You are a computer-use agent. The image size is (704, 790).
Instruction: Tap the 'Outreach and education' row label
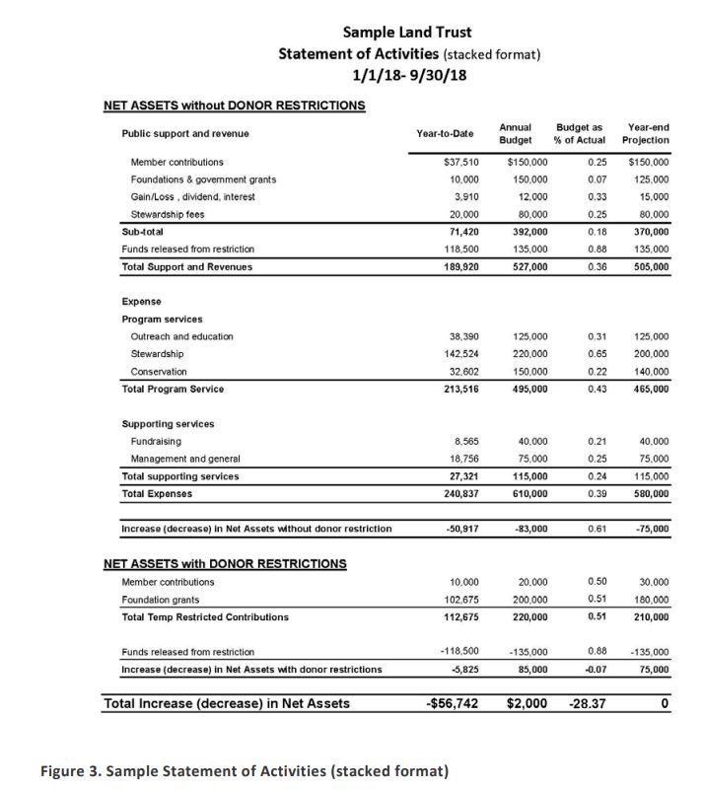coord(182,336)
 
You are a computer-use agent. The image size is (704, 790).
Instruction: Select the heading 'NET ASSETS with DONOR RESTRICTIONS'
coord(225,564)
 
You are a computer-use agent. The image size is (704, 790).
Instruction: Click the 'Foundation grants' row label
coord(161,600)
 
